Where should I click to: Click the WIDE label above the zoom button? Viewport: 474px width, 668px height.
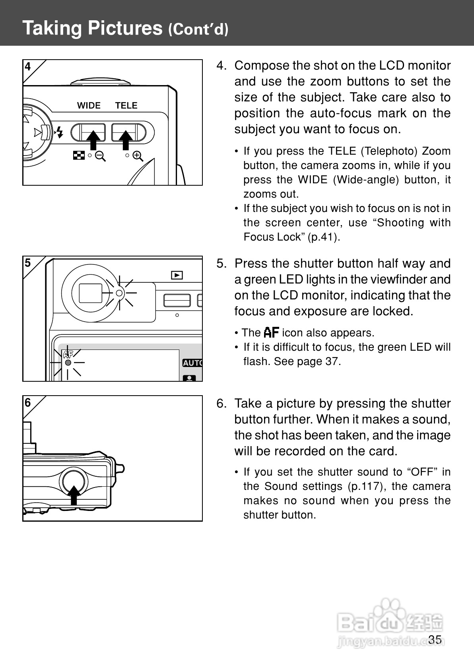(89, 105)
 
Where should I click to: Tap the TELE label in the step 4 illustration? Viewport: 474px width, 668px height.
(126, 105)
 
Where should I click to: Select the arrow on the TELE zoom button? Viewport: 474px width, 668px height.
(126, 139)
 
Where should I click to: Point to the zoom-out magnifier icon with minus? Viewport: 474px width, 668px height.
(100, 156)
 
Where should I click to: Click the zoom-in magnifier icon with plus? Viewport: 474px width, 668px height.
(138, 156)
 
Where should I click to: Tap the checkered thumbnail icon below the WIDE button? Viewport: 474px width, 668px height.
(79, 155)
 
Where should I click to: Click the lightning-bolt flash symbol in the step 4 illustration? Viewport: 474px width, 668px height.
(60, 132)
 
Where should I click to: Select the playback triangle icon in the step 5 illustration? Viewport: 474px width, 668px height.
(177, 275)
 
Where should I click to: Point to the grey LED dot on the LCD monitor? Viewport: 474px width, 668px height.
(68, 363)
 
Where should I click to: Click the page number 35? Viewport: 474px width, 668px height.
(435, 639)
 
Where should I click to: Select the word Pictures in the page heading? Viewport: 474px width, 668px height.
(125, 28)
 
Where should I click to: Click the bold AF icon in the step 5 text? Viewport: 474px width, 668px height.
(272, 332)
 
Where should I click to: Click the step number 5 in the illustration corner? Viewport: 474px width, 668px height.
(27, 263)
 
